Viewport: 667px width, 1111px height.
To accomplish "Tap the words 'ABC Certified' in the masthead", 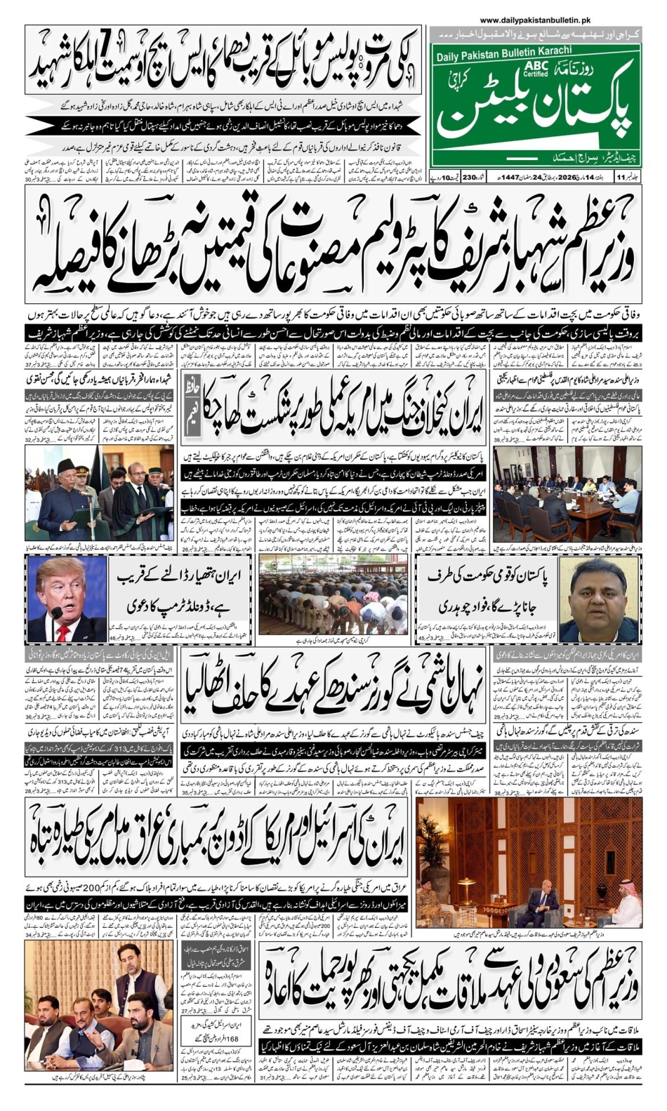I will [x=536, y=68].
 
